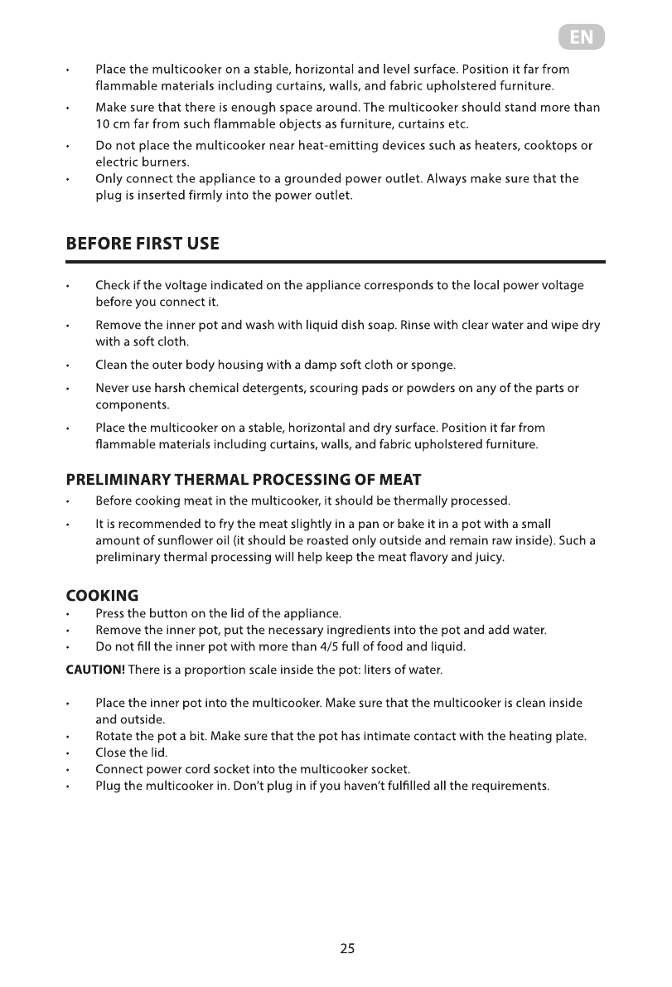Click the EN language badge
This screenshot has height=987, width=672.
581,38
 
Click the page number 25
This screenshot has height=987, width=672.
347,949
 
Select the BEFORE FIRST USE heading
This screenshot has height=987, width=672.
143,244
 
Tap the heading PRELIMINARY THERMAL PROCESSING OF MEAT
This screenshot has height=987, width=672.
244,480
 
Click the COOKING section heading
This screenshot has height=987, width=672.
102,596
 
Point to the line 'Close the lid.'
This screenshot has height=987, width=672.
132,753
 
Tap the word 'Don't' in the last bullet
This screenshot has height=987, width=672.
249,786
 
